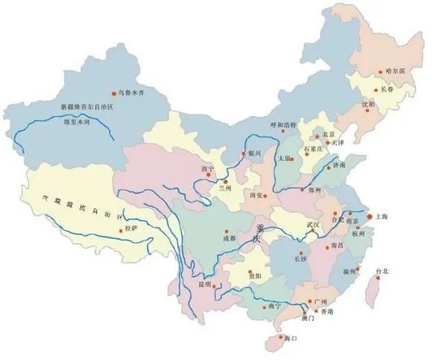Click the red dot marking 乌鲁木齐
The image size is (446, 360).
(114, 93)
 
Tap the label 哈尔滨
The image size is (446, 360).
(396, 71)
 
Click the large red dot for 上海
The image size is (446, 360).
(369, 215)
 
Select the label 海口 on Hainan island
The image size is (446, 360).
(291, 338)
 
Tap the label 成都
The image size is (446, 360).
(228, 238)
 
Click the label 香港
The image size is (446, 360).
(326, 311)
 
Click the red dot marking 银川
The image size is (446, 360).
(243, 153)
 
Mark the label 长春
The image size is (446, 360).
(387, 89)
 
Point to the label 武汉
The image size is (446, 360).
(311, 224)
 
